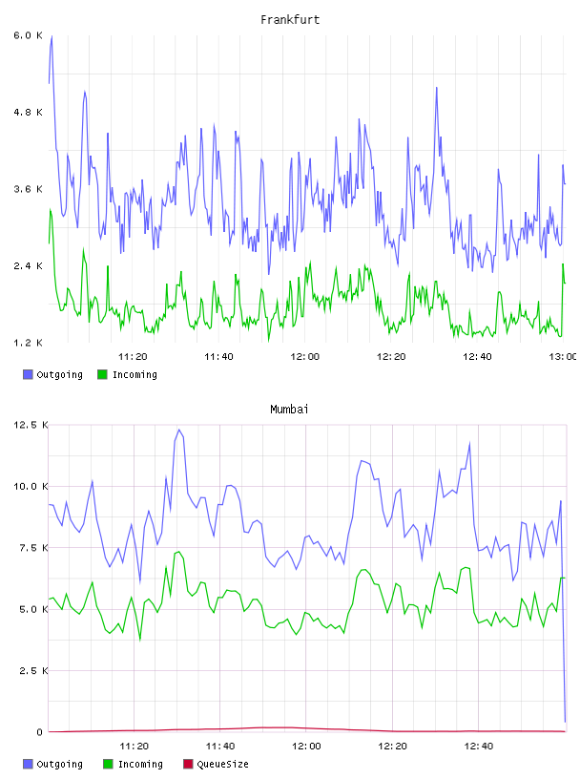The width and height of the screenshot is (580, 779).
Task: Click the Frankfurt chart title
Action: point(290,20)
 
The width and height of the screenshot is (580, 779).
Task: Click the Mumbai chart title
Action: point(289,410)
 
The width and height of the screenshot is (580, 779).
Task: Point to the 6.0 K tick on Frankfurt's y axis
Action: point(29,35)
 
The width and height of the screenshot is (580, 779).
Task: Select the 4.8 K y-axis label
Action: point(29,113)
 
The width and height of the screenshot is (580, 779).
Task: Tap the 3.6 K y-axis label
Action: point(29,189)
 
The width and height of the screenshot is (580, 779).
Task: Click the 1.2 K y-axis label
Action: point(29,343)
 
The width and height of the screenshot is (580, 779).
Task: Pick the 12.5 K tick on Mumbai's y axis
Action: point(31,425)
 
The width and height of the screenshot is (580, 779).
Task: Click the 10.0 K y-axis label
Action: point(31,486)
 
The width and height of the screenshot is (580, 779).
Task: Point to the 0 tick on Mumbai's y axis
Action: point(40,732)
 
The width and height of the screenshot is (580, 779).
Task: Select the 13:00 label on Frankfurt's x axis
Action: point(563,357)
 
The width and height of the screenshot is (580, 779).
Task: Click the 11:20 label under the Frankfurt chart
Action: point(133,357)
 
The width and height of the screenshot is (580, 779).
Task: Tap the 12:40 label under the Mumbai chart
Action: point(479,747)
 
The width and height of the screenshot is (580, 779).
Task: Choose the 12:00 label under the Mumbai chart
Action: point(306,747)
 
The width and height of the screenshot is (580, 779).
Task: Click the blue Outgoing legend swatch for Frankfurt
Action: point(28,374)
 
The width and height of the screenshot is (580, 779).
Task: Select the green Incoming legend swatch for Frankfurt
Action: point(102,374)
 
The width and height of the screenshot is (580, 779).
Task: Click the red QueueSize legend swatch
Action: point(188,764)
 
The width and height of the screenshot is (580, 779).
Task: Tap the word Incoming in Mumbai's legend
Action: point(140,764)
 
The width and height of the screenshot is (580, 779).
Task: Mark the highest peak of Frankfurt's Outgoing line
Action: point(52,36)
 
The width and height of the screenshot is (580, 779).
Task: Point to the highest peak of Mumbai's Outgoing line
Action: point(179,430)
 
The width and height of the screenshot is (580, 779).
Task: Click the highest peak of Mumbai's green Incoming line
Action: point(178,551)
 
